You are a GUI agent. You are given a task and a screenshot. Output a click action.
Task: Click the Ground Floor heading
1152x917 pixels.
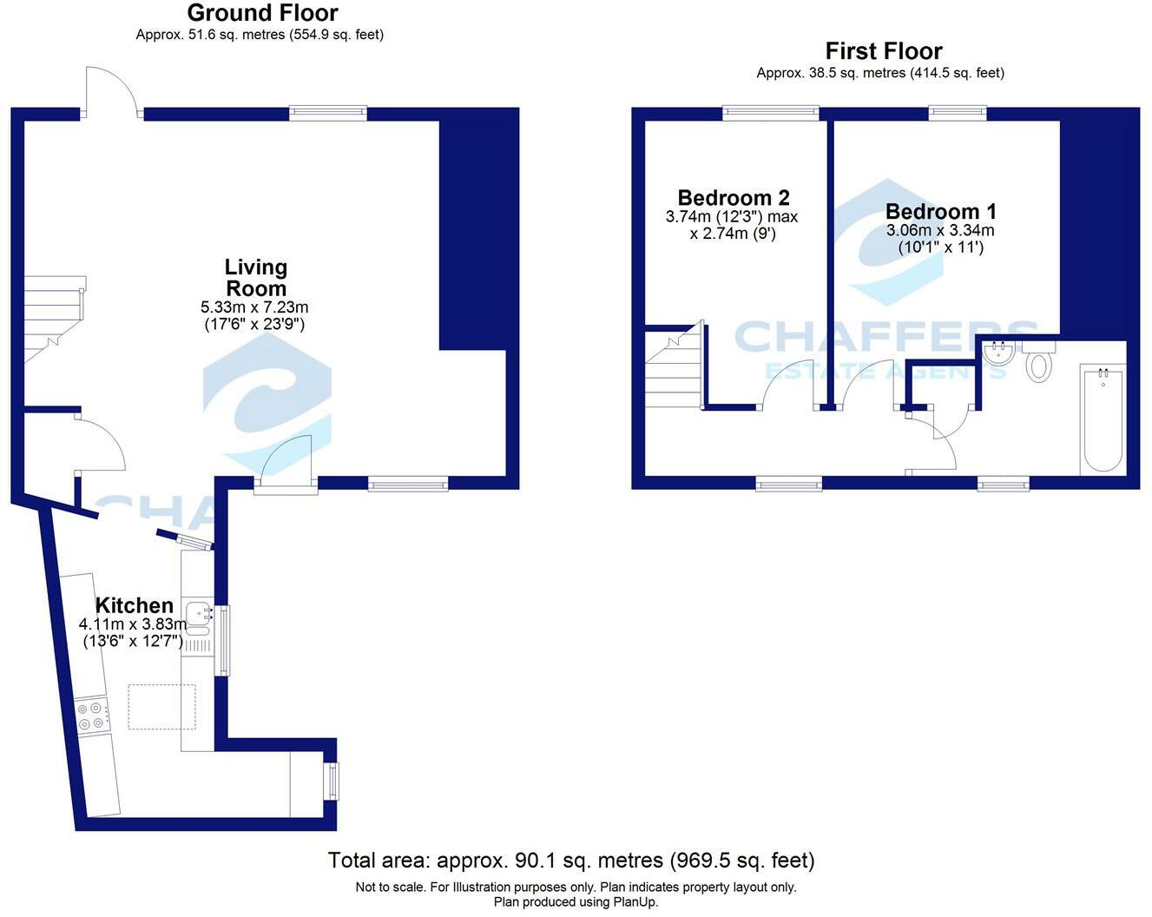click(262, 13)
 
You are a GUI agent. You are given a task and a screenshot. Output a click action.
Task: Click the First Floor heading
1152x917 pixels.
click(883, 51)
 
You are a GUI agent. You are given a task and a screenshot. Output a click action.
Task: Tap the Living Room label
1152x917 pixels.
click(255, 278)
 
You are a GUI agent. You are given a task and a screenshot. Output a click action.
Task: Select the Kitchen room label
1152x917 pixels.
click(134, 605)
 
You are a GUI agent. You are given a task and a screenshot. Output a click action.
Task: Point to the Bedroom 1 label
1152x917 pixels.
click(940, 211)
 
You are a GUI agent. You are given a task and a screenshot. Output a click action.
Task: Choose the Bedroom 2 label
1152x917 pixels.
click(733, 198)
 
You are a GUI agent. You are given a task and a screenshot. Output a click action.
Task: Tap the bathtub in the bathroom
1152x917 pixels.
click(1103, 419)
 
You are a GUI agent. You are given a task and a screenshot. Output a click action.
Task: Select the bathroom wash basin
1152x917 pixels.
click(1000, 353)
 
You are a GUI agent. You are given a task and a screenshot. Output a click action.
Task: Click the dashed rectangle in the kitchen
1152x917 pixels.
click(161, 706)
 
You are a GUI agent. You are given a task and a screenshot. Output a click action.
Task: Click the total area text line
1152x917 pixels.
click(570, 861)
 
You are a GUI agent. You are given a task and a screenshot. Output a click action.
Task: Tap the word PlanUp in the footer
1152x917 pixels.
click(636, 902)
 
